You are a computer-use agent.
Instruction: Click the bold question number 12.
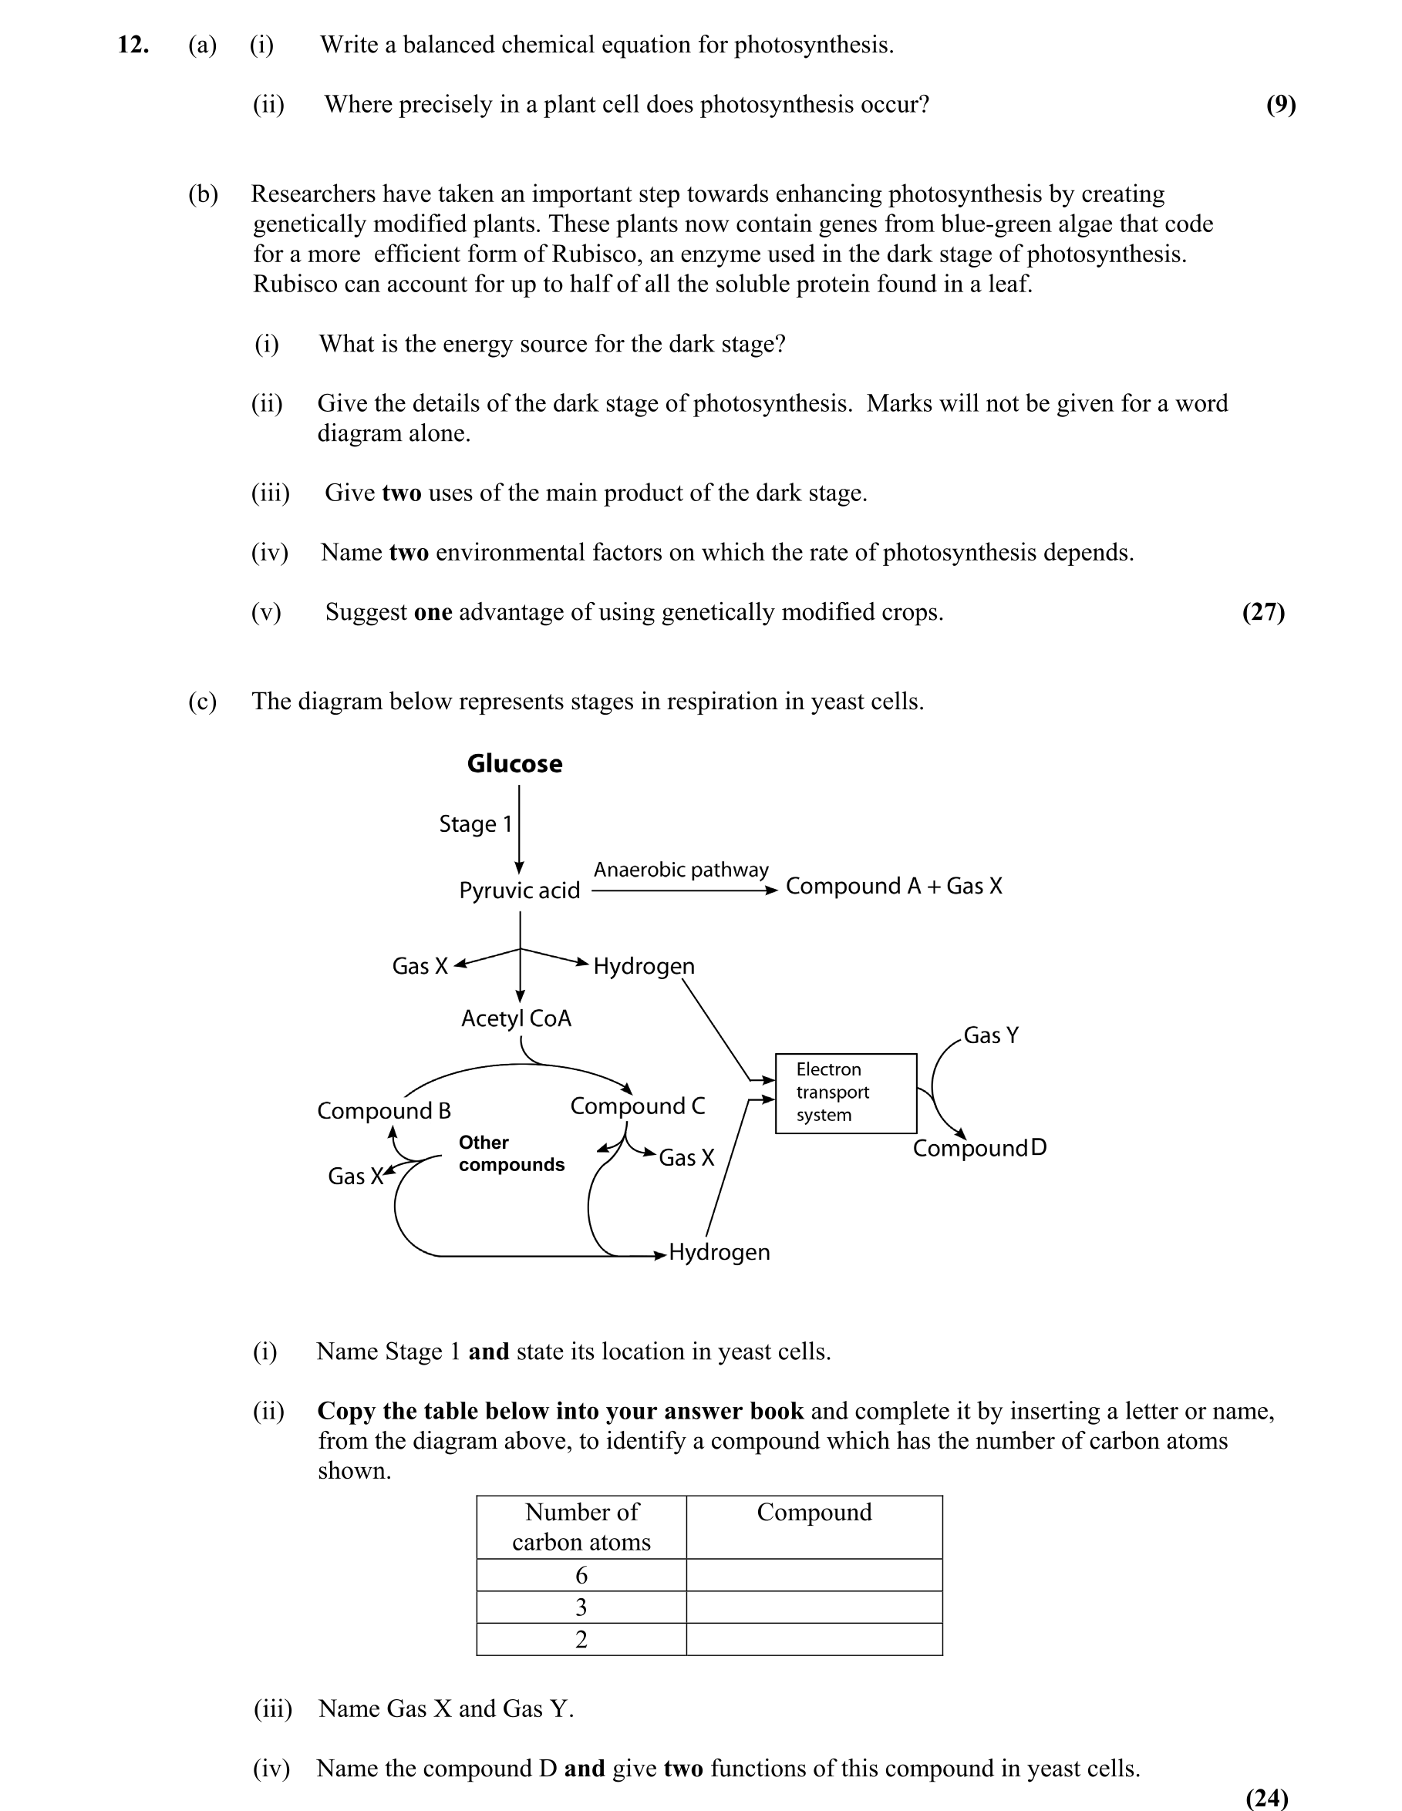[133, 45]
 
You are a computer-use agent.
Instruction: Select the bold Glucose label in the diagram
[514, 764]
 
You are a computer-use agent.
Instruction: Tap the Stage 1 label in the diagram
[475, 824]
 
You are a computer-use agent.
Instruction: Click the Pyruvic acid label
[519, 890]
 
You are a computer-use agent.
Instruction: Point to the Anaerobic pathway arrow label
[681, 870]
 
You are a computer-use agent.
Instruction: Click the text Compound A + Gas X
[894, 887]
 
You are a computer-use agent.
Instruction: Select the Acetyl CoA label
[516, 1018]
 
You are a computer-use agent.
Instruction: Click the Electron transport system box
[845, 1093]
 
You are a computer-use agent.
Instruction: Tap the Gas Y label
[990, 1035]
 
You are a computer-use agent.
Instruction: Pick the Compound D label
[979, 1149]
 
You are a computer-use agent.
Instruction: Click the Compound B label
[383, 1111]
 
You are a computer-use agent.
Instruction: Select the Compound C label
[637, 1106]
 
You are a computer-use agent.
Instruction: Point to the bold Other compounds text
[511, 1153]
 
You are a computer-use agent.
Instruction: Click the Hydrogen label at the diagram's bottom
[720, 1252]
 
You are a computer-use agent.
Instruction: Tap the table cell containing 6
[581, 1576]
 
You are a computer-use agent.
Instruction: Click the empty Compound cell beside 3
[814, 1607]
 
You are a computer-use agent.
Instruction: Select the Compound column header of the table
[814, 1513]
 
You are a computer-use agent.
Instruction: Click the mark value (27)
[1262, 612]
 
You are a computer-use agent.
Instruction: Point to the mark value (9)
[1280, 105]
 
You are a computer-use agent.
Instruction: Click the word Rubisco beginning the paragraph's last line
[295, 284]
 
